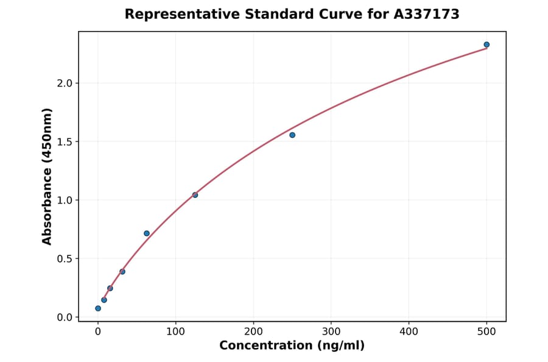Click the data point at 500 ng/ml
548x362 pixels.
[487, 44]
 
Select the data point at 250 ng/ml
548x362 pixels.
[292, 135]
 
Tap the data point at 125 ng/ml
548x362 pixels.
[195, 195]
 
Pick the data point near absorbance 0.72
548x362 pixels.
[147, 233]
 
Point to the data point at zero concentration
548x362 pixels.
[98, 308]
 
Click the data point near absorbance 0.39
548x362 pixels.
[122, 272]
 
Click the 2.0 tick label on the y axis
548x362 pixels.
[64, 83]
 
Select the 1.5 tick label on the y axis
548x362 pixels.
[64, 141]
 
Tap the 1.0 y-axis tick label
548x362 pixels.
[64, 200]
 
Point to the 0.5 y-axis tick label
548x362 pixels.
[64, 258]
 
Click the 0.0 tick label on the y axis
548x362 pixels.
[64, 317]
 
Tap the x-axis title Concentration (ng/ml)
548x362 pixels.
[292, 346]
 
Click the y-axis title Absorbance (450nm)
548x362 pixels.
[47, 176]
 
